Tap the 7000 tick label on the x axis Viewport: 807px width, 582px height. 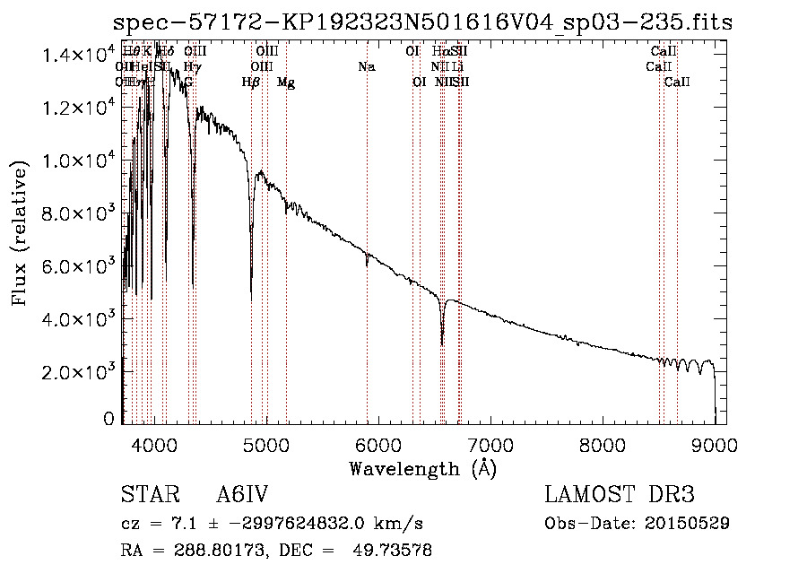pos(490,444)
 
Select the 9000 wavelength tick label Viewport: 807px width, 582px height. pos(714,444)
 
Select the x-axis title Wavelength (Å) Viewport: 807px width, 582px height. pos(422,468)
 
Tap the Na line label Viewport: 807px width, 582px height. pos(366,66)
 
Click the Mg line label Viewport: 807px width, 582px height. pos(286,83)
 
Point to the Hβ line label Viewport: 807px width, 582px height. pos(251,83)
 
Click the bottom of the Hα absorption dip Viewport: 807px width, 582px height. pos(442,343)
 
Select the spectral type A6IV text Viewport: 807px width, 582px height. pos(242,495)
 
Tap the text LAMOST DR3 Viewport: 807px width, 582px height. pos(620,495)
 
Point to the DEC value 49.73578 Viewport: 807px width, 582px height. pos(396,551)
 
